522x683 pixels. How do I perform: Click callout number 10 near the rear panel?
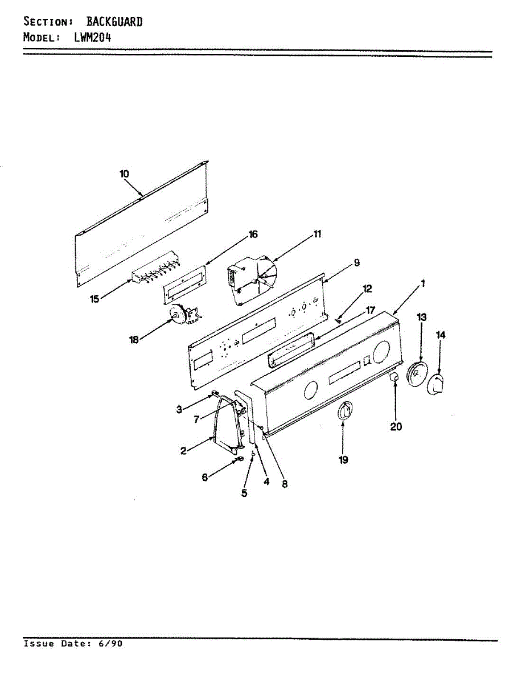pos(125,174)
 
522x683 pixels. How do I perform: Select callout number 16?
pos(253,234)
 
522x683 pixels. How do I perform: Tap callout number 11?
pos(317,234)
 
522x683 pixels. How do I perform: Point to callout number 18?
pos(134,340)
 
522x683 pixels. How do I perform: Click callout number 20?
pos(396,426)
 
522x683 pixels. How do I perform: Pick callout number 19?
pos(343,459)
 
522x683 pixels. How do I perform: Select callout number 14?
pos(441,335)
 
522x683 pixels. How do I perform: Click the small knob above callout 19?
pos(344,411)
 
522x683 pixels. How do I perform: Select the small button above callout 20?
pos(393,378)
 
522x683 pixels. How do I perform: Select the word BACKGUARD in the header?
pos(114,22)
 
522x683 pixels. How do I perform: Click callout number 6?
pos(205,478)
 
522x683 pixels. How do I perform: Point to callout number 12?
pos(367,289)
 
